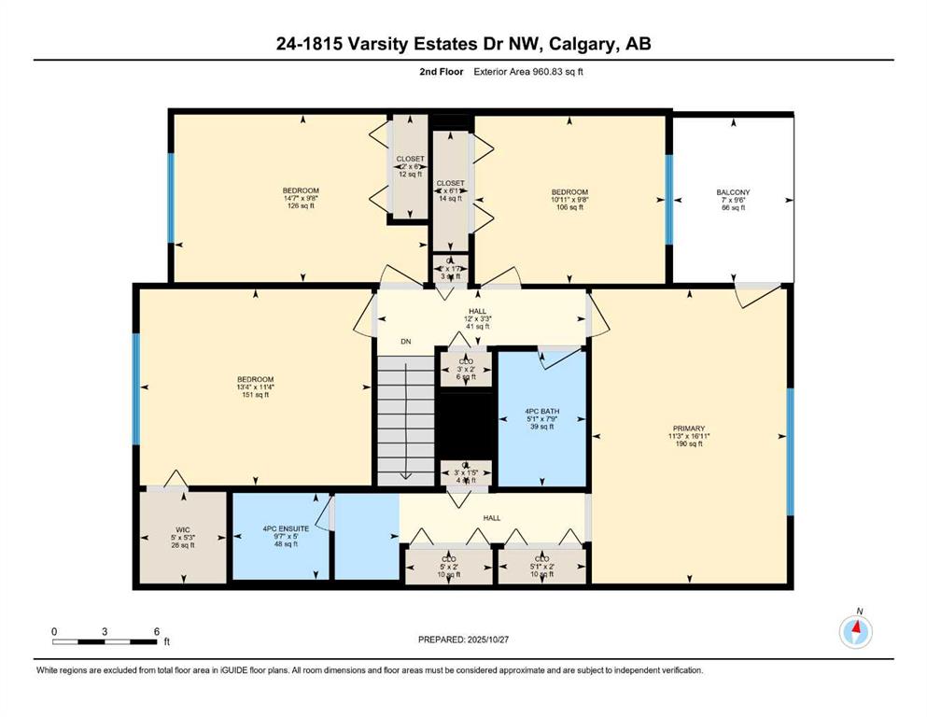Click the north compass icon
(855, 632)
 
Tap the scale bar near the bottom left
(105, 640)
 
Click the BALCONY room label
(733, 200)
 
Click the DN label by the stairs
(406, 342)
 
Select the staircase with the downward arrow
(406, 420)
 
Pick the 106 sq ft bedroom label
(569, 199)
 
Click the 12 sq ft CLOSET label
(410, 166)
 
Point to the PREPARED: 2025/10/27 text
(463, 640)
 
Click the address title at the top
(463, 44)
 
